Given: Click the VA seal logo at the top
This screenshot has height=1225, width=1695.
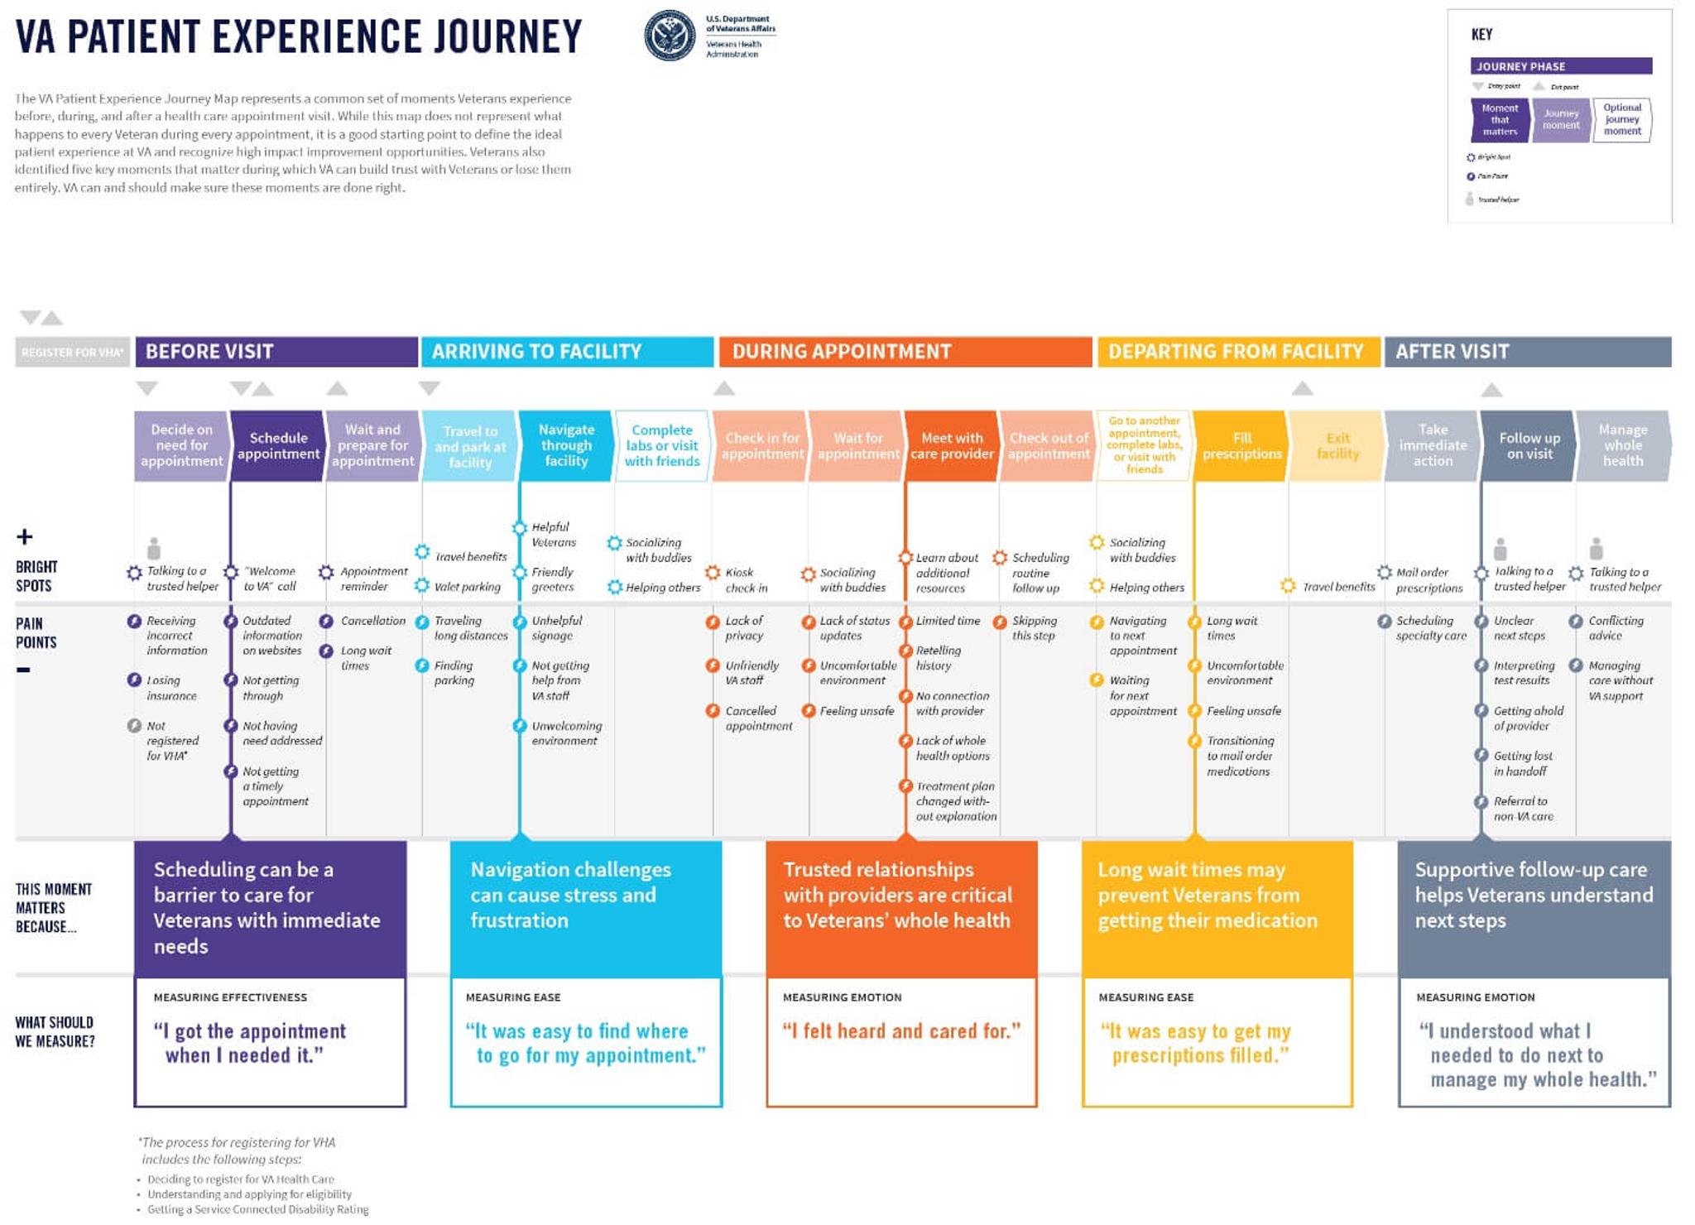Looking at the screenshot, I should [670, 36].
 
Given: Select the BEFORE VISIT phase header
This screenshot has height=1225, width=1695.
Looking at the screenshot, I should [276, 352].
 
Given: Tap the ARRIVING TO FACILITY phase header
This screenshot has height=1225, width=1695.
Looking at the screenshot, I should [567, 352].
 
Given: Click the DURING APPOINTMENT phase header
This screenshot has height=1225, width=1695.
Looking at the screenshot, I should [905, 352].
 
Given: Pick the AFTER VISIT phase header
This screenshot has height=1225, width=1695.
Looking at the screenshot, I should [1527, 352].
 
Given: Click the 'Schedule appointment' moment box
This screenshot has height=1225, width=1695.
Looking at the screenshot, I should [278, 445].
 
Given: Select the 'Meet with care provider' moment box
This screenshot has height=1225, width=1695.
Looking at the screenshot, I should [951, 445].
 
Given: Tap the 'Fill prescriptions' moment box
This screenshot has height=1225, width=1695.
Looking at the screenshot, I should [1241, 445].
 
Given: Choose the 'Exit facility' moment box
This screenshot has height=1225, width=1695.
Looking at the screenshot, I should [1337, 445].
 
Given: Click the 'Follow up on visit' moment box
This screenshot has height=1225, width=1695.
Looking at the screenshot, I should [1529, 445].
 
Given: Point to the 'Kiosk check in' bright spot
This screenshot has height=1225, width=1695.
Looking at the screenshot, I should [745, 580].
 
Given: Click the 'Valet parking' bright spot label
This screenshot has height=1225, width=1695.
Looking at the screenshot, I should [467, 587].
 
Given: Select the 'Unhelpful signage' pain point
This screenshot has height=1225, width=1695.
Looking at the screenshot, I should [555, 628].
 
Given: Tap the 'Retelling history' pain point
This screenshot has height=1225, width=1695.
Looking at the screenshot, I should [937, 658].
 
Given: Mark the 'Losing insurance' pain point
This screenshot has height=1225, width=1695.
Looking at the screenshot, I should [170, 688].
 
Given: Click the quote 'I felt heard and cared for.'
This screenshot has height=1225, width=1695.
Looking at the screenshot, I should [901, 1031].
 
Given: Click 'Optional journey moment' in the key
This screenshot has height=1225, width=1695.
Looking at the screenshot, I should [1621, 119].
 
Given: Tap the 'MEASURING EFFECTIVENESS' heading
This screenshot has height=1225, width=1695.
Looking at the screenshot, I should [230, 997].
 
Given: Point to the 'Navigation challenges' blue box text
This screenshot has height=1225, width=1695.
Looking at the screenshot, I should [570, 895].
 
